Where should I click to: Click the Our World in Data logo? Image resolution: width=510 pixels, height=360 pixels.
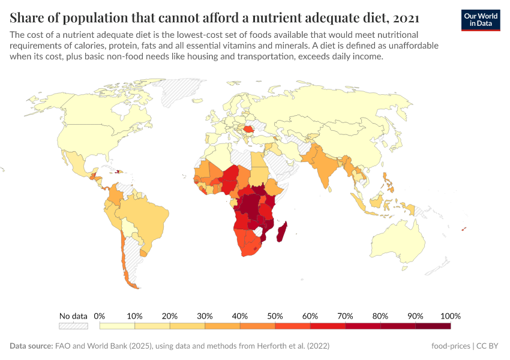tap(481, 20)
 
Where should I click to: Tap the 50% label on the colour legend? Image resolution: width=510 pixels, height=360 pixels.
tap(275, 316)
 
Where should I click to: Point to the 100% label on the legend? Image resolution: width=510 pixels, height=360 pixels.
tap(450, 316)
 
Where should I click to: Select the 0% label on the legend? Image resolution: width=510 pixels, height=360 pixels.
tap(100, 316)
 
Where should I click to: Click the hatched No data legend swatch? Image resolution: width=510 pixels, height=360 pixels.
tap(73, 326)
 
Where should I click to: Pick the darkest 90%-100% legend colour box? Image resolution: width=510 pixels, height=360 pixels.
tap(433, 326)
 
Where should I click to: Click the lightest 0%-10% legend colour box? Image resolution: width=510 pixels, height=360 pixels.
tap(117, 326)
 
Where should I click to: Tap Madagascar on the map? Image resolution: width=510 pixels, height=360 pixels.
tap(281, 232)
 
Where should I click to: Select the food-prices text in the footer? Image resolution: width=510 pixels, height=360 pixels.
tap(450, 346)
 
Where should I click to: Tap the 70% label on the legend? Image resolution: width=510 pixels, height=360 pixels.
tap(345, 316)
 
